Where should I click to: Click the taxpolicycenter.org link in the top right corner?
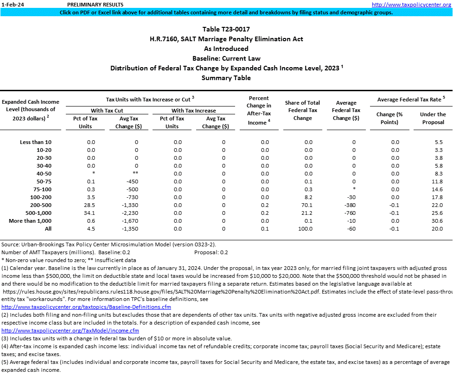[x=411, y=5]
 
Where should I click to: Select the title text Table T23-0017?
[x=226, y=29]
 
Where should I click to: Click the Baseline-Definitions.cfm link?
[x=86, y=307]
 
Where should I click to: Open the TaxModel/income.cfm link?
[x=70, y=331]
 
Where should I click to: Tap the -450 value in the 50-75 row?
[x=132, y=182]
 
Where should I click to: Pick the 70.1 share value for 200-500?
[x=308, y=205]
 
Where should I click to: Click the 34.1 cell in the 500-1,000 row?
[x=91, y=213]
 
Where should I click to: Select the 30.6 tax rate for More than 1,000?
[x=432, y=221]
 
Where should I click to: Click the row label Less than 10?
[x=36, y=142]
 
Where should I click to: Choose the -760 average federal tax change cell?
[x=353, y=213]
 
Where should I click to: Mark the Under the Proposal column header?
[x=433, y=118]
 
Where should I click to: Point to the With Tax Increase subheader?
[x=193, y=111]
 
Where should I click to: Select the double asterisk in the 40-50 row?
[x=136, y=174]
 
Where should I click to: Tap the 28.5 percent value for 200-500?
[x=91, y=205]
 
